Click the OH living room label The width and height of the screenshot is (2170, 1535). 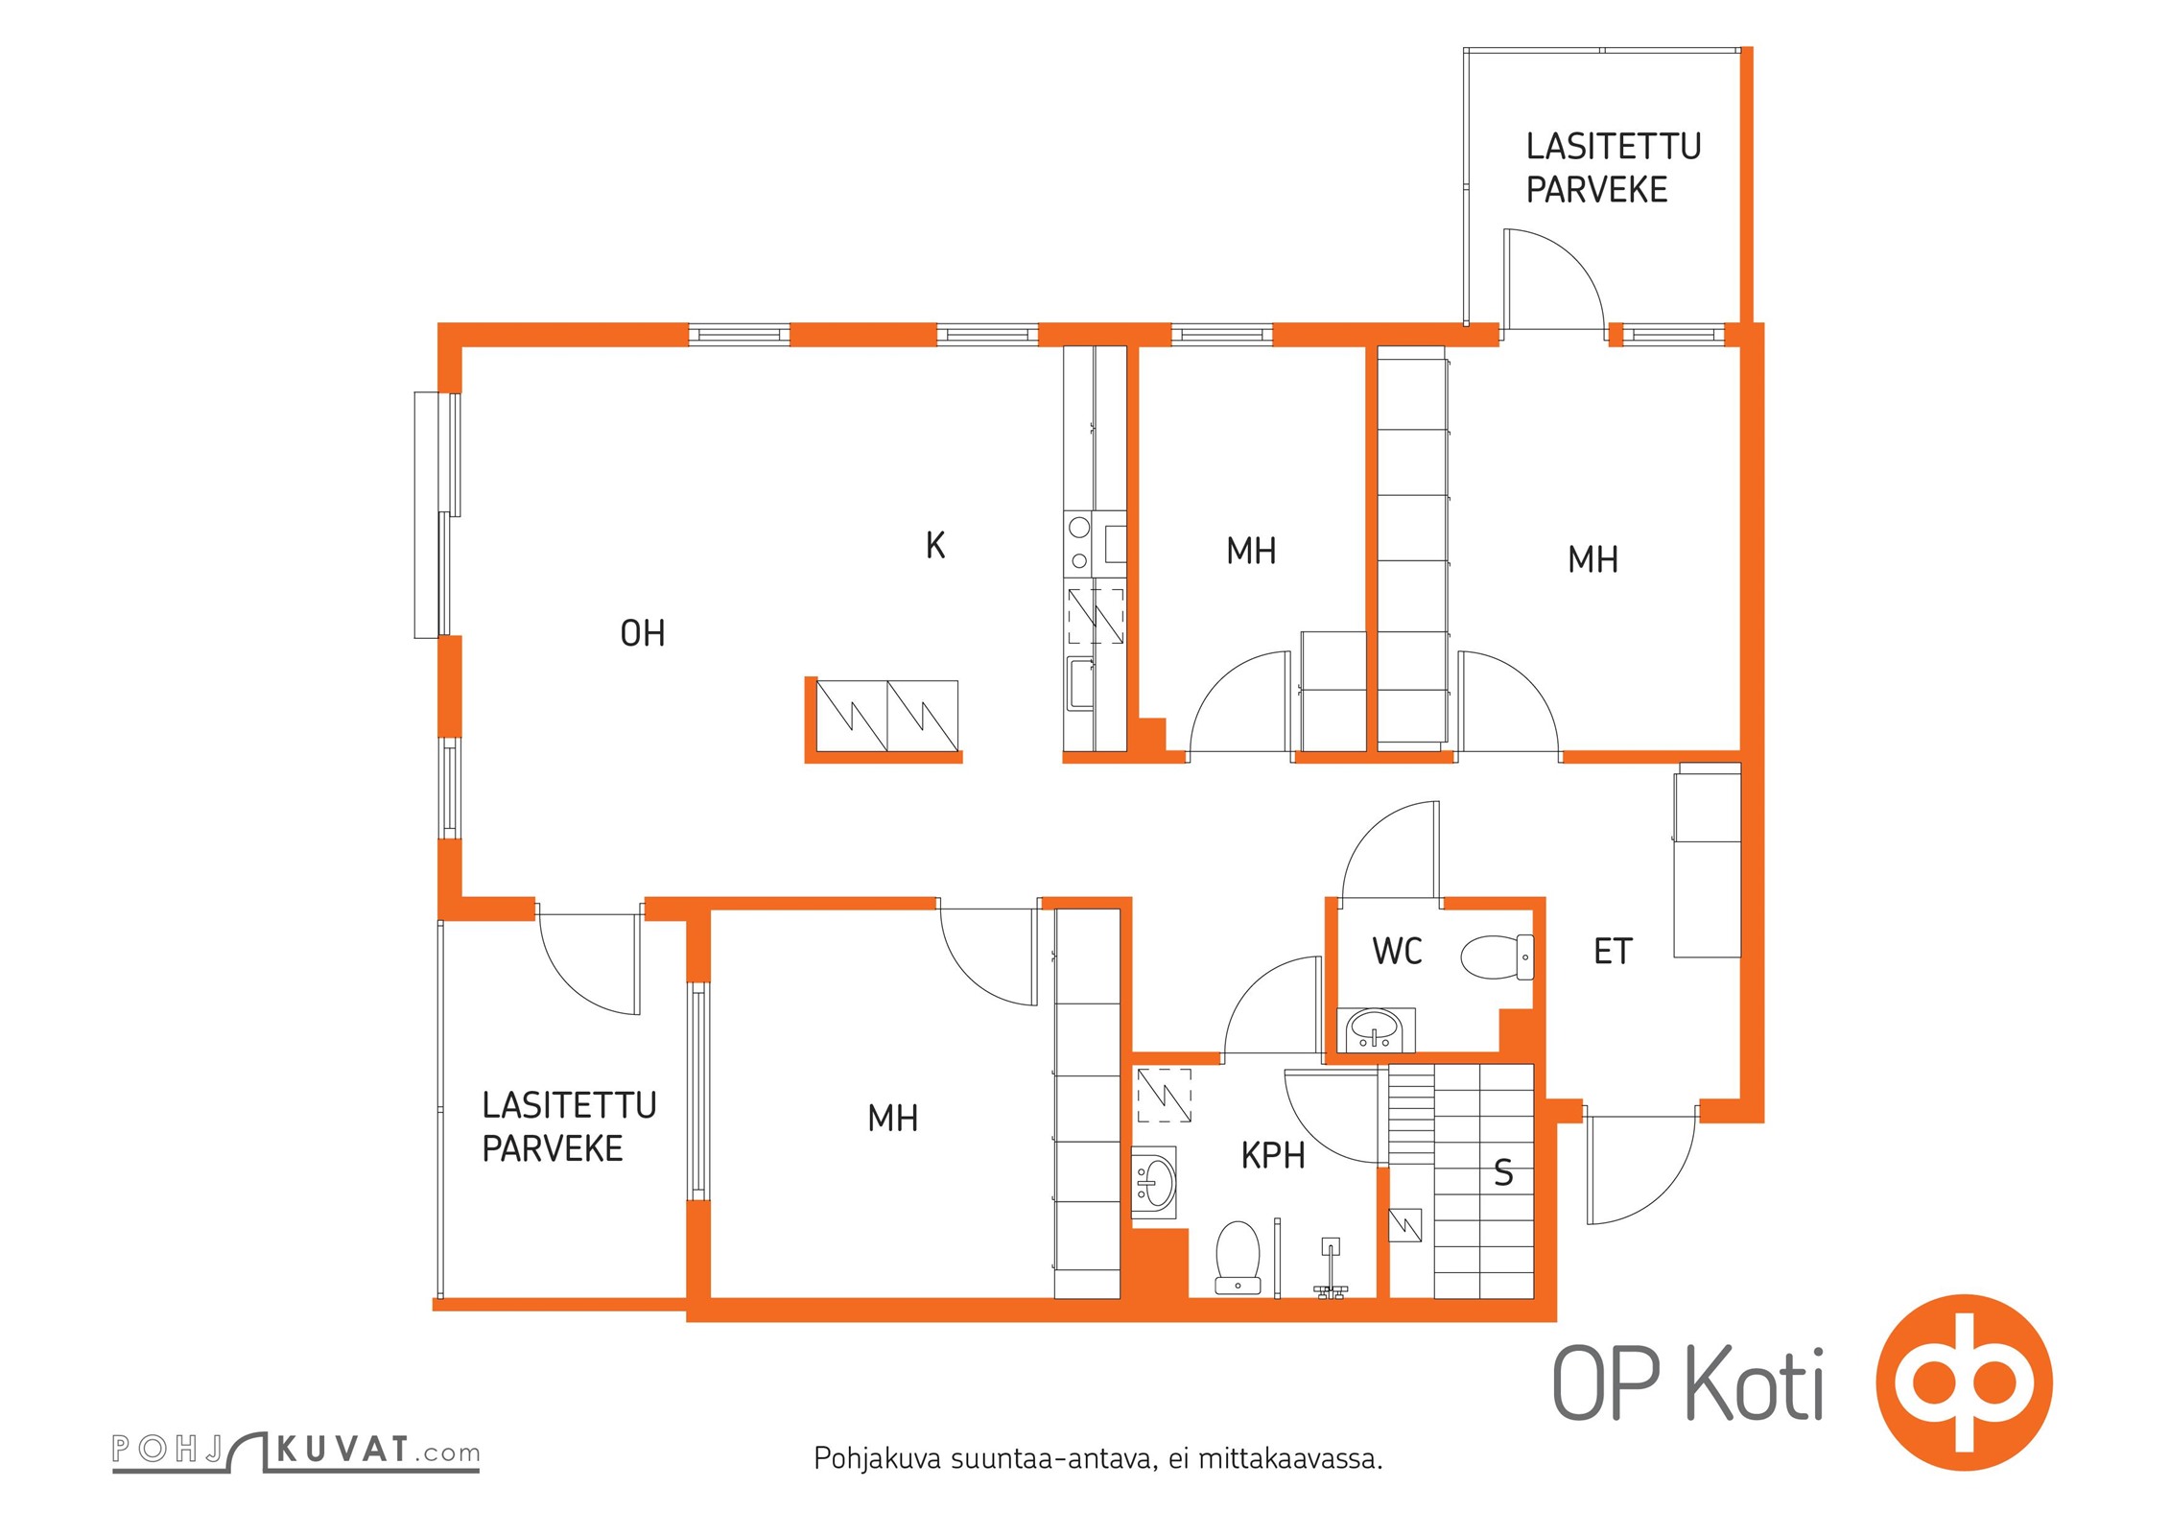point(642,633)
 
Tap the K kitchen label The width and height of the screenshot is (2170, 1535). point(935,545)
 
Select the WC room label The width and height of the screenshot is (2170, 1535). point(1397,952)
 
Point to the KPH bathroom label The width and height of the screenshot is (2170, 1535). point(1273,1156)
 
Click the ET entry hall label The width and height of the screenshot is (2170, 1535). point(1613,952)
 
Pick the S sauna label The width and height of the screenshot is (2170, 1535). point(1503,1172)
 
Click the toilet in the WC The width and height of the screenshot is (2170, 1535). point(1497,956)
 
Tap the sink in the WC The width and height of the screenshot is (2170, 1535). point(1377,1030)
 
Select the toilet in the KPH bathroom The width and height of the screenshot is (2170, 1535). point(1238,1257)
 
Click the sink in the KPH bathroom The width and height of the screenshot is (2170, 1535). point(1154,1183)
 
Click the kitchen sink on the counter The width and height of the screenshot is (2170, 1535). point(1081,683)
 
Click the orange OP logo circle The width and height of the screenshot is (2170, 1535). point(1965,1382)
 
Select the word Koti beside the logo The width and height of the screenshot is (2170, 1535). point(1755,1383)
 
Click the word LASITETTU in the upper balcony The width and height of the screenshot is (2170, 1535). point(1614,147)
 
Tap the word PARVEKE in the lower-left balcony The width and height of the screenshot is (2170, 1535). point(553,1149)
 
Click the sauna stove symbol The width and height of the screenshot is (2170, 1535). point(1405,1225)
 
